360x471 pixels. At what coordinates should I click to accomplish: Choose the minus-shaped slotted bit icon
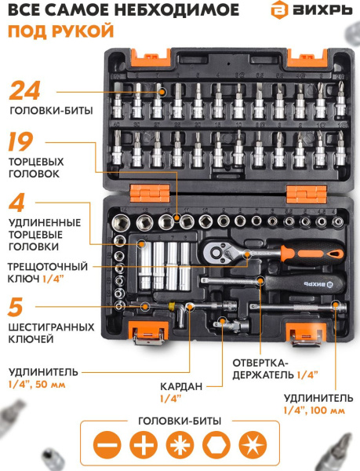(x=106, y=444)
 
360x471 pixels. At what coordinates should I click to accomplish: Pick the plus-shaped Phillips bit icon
(x=142, y=444)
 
